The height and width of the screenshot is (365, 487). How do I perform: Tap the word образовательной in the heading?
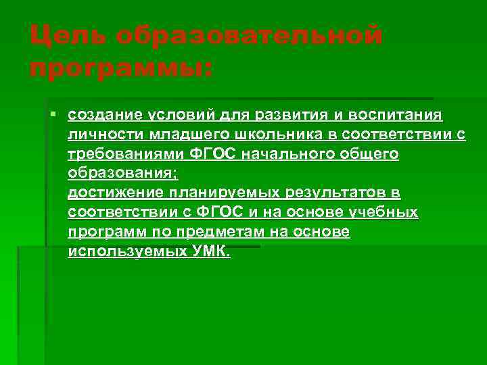(248, 34)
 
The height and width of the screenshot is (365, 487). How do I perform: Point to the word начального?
(275, 155)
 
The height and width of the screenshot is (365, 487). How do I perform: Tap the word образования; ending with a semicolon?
(122, 174)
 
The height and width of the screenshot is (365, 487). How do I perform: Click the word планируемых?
(217, 194)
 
